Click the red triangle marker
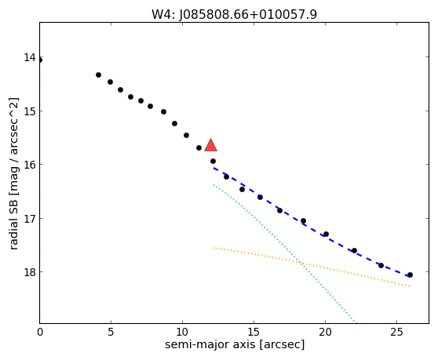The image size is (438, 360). point(210,145)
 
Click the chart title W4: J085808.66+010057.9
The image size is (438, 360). point(234,15)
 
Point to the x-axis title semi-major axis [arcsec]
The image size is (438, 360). point(235,344)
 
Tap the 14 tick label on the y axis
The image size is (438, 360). point(30,57)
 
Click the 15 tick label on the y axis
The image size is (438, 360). point(30,111)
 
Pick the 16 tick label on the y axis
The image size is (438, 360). point(30,165)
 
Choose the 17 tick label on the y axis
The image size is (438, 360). point(30,218)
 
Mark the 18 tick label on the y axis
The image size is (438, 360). point(30,272)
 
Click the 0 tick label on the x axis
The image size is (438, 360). point(40,332)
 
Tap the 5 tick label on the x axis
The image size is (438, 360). point(111,332)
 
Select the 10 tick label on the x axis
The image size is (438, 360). point(182,332)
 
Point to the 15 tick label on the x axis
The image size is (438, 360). point(254,332)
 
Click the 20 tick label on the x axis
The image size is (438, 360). point(325,332)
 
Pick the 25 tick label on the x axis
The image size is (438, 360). point(396,332)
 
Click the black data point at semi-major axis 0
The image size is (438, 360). point(40,60)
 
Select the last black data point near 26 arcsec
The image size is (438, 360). point(410,275)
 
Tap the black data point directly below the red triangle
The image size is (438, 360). point(213,161)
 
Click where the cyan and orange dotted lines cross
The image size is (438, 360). point(301,263)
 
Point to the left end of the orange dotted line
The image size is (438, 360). point(214,248)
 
